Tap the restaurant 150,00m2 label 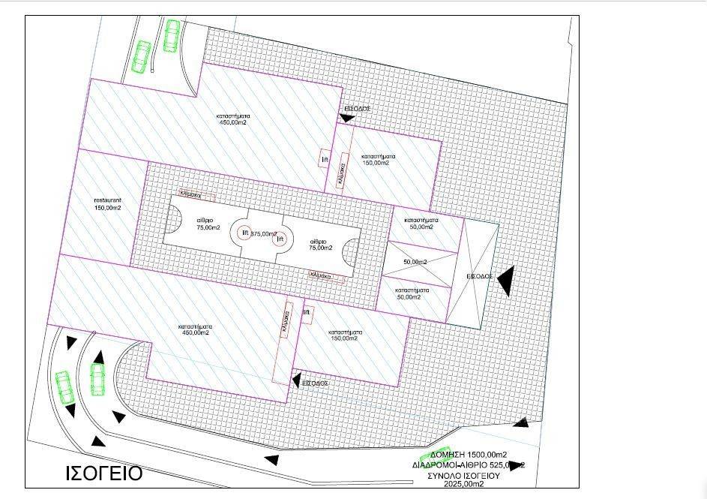(108, 204)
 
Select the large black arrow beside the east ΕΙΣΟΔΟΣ (507, 281)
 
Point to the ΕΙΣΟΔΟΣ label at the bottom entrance (315, 383)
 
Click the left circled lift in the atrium (245, 233)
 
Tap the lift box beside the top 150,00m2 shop (325, 160)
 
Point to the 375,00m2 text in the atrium (264, 233)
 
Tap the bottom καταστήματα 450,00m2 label (193, 329)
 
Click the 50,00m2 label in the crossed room (415, 262)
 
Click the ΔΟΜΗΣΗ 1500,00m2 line (469, 455)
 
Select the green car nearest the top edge (172, 35)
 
